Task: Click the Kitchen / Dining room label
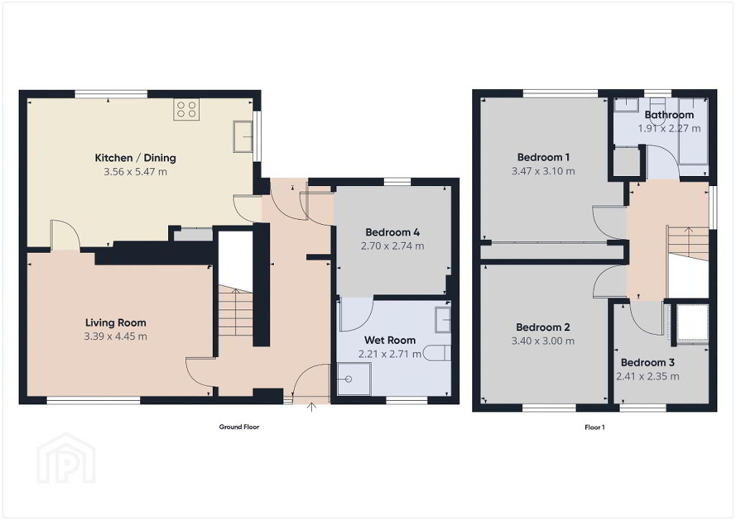pos(135,157)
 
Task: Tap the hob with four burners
pos(186,109)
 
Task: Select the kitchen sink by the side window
pos(243,136)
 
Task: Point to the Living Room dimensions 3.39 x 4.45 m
pos(116,336)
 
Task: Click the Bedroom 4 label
pos(392,232)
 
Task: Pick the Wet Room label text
pos(390,340)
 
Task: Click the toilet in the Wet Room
pos(436,353)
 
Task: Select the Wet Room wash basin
pos(442,320)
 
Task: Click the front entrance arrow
pos(311,407)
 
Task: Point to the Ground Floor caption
pos(239,427)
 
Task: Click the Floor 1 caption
pos(594,427)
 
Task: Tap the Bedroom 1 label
pos(543,157)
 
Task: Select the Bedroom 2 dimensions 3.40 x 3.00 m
pos(543,341)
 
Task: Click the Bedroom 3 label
pos(648,363)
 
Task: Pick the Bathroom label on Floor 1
pos(669,115)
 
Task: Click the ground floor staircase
pos(236,312)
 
